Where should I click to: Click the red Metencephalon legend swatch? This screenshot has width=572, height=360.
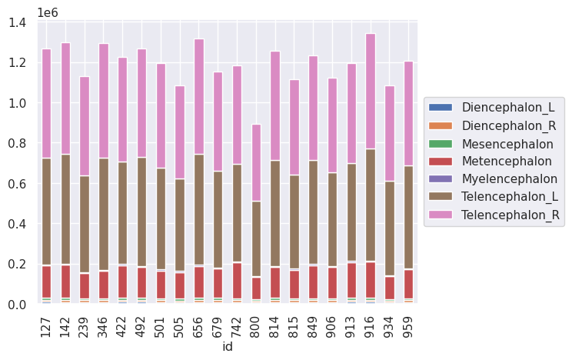tap(441, 162)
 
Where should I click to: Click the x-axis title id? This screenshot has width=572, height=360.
tap(228, 348)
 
